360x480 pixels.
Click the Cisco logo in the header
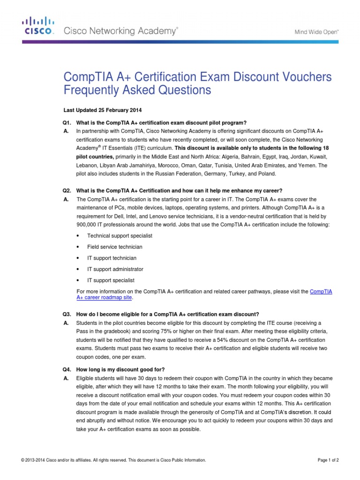click(x=38, y=26)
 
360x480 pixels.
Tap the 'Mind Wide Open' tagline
click(x=316, y=32)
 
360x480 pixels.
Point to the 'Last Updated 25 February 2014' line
click(x=102, y=111)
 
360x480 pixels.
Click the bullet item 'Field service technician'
click(x=115, y=247)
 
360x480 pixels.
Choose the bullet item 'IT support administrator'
click(x=115, y=270)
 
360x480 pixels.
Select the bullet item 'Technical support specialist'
click(x=120, y=236)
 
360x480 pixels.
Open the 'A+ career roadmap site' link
click(x=104, y=298)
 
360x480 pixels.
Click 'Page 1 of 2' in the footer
click(x=328, y=460)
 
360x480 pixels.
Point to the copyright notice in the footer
click(x=113, y=460)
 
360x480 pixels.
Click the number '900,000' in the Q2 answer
click(x=88, y=225)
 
